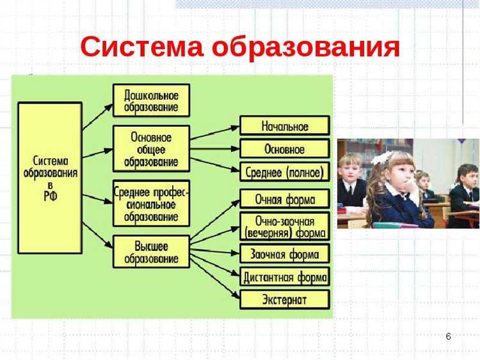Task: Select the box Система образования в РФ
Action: [50, 177]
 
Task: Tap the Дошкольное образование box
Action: [151, 101]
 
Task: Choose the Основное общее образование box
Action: [151, 149]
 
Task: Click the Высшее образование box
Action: [151, 252]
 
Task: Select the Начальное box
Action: [284, 126]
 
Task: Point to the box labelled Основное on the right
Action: [284, 149]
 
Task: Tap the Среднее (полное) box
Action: [284, 172]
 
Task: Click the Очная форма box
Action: [284, 199]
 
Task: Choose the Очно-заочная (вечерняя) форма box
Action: [284, 226]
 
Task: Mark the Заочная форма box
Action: [284, 254]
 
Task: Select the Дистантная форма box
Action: [284, 277]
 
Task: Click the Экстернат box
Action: [284, 299]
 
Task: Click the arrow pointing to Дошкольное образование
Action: [97, 117]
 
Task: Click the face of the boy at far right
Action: [469, 176]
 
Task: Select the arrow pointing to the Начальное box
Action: [214, 133]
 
